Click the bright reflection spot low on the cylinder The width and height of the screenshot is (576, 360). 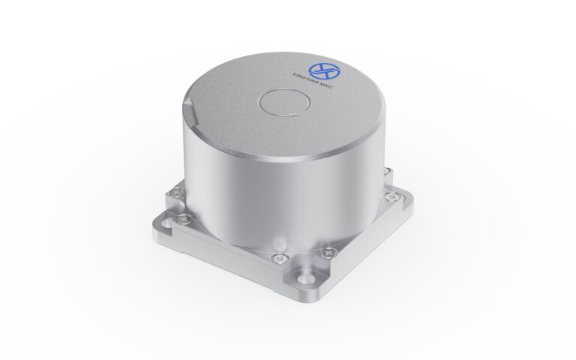coord(279,241)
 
